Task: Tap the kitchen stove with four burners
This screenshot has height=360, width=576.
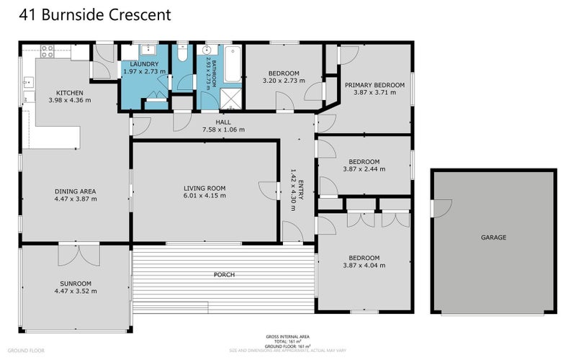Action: pyautogui.click(x=47, y=51)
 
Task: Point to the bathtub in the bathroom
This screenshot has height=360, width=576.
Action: pyautogui.click(x=233, y=63)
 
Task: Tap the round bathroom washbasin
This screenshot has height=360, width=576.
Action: pyautogui.click(x=207, y=51)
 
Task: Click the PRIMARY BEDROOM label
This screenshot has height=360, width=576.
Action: pyautogui.click(x=374, y=85)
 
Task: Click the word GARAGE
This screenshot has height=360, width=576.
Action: pyautogui.click(x=493, y=237)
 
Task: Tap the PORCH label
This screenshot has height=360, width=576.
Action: pyautogui.click(x=224, y=274)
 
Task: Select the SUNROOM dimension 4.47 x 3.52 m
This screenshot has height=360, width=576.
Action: pyautogui.click(x=76, y=292)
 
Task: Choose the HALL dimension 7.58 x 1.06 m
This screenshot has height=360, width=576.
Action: pyautogui.click(x=223, y=130)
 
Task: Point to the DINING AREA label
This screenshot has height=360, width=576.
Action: pyautogui.click(x=76, y=191)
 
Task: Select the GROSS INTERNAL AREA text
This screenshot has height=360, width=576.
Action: pyautogui.click(x=287, y=336)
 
